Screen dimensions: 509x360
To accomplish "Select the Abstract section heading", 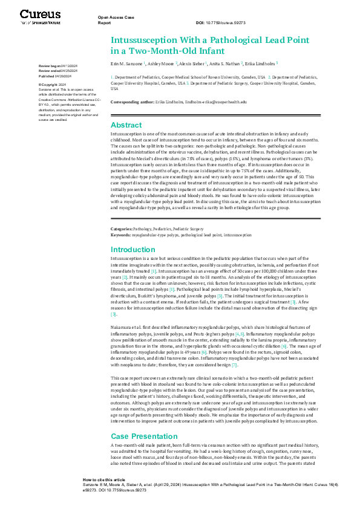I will (x=126, y=125).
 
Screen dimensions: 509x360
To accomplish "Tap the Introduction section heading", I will (x=133, y=249).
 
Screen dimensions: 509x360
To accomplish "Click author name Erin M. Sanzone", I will (x=127, y=63).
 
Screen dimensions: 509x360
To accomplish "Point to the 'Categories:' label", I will (x=121, y=229).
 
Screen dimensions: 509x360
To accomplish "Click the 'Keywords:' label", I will (x=120, y=234).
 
